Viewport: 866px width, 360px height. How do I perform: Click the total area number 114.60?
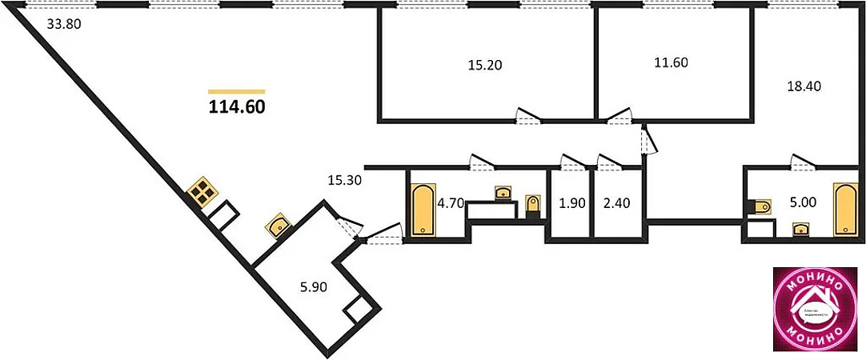click(236, 106)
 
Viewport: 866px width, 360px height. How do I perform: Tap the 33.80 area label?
click(64, 24)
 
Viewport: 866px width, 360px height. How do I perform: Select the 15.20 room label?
click(484, 65)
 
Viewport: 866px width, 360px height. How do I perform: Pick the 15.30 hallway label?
click(345, 181)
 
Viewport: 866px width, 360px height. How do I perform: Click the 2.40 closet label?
click(616, 203)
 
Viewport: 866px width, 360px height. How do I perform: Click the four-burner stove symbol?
click(202, 192)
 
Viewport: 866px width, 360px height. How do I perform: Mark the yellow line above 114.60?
click(236, 91)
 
